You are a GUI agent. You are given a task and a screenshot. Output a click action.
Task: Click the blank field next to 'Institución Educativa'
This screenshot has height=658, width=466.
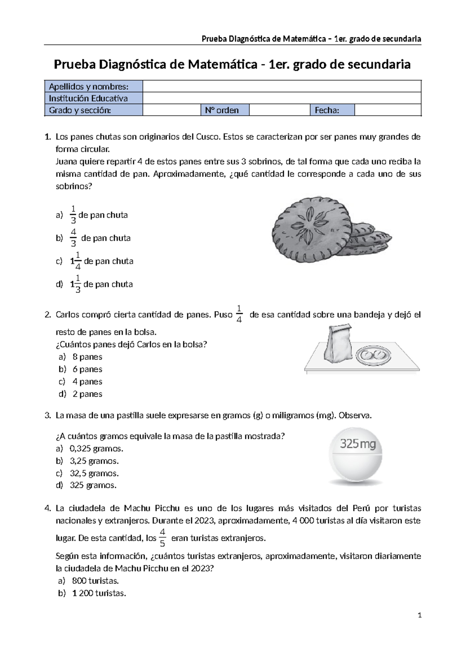click(x=282, y=98)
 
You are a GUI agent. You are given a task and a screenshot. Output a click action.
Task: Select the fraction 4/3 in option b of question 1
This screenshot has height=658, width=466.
click(x=73, y=238)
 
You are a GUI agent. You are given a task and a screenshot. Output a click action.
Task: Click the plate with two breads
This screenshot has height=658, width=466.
click(x=372, y=354)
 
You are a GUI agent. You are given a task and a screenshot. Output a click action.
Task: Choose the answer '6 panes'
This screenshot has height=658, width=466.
click(x=87, y=369)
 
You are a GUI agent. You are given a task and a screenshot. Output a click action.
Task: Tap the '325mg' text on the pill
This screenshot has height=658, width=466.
click(x=358, y=443)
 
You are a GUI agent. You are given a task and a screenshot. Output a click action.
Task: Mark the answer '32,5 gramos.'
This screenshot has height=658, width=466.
click(x=94, y=473)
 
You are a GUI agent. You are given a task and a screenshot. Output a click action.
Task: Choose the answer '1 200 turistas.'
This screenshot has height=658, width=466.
click(x=99, y=593)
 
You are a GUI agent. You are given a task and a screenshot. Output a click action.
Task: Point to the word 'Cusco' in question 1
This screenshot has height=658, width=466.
click(x=208, y=137)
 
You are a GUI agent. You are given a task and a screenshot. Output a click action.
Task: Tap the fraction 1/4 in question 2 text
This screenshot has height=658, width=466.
click(x=239, y=314)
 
